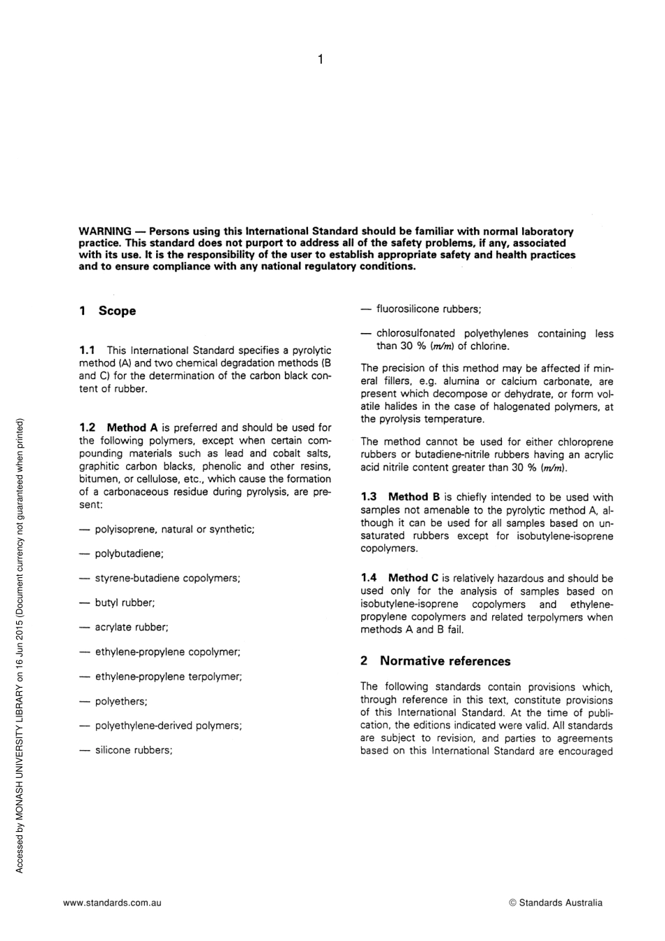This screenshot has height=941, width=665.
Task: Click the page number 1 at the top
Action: [320, 60]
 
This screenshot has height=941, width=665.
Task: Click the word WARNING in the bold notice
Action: [104, 231]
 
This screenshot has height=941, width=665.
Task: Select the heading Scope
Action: [117, 311]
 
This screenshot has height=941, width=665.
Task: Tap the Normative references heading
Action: [444, 661]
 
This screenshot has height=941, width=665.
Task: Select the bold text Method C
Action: [414, 578]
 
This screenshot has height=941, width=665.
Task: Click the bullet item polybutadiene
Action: [129, 554]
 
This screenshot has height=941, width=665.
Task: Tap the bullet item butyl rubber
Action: [125, 603]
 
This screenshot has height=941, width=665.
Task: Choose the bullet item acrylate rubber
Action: [132, 628]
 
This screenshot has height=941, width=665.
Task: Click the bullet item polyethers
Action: [121, 702]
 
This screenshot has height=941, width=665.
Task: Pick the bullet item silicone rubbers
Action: [133, 751]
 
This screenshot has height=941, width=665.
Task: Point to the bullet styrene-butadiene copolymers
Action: [167, 579]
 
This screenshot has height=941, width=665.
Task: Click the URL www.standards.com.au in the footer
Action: [112, 903]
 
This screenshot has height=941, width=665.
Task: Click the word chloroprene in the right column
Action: [586, 442]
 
